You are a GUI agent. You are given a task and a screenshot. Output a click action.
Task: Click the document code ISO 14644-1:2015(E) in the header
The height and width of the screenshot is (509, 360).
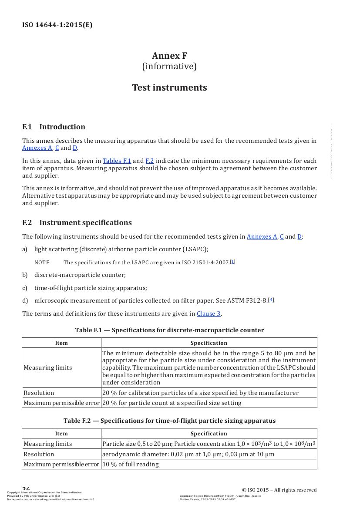[57, 25]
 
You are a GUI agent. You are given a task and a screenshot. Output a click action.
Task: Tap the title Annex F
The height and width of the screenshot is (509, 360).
[169, 56]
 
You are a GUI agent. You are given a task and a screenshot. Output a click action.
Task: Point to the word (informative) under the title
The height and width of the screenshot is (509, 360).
[169, 66]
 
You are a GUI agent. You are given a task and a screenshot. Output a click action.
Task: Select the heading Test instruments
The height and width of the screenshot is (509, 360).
[169, 88]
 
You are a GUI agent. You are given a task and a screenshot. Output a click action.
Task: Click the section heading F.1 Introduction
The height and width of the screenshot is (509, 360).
[54, 127]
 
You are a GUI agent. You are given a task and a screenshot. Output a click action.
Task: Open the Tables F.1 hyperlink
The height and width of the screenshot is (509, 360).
[117, 161]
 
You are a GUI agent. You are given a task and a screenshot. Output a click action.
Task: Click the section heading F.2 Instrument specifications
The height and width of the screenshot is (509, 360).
[77, 223]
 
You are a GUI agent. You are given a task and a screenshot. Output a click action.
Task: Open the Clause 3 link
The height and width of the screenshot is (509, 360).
[209, 313]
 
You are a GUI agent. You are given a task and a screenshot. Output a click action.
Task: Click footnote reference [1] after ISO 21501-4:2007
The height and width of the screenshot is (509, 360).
[233, 262]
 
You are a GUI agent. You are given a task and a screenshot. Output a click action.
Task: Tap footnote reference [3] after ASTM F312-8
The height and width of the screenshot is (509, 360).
[271, 300]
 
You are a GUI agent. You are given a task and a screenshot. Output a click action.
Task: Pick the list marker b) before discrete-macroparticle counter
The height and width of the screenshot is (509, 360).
[25, 275]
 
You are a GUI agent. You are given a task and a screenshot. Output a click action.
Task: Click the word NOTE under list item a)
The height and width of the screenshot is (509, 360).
[42, 263]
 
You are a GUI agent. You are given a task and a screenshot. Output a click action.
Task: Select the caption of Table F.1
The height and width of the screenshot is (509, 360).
[169, 330]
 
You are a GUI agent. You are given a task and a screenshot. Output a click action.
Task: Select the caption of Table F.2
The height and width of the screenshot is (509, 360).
[169, 421]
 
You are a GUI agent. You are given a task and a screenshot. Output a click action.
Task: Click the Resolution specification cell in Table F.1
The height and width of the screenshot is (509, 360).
[200, 393]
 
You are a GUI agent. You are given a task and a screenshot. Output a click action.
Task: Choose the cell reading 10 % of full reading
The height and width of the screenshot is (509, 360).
[131, 464]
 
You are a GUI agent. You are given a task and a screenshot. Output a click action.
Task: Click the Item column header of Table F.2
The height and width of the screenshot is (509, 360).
[61, 434]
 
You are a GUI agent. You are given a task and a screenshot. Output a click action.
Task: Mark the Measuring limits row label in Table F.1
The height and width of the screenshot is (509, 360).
[48, 367]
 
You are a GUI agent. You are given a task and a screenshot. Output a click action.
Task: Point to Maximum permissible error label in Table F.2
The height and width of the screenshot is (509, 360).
[61, 464]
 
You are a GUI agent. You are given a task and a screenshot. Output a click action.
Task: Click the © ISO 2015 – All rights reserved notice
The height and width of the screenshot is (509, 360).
[279, 490]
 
